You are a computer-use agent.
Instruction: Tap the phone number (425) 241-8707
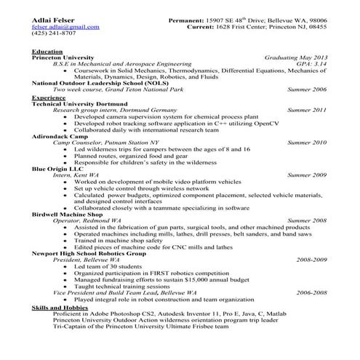point(54,33)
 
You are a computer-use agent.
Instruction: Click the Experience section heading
point(49,97)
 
